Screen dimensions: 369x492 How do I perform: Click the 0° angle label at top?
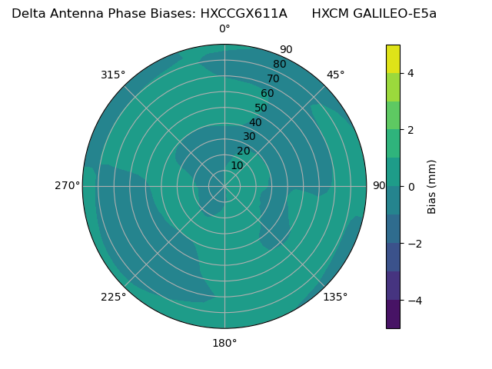pyautogui.click(x=224, y=29)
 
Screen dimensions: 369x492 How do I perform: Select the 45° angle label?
pyautogui.click(x=335, y=75)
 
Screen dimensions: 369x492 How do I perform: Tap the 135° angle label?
pyautogui.click(x=335, y=297)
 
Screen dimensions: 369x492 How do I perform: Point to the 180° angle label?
pyautogui.click(x=224, y=343)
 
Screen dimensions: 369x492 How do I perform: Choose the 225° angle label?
pyautogui.click(x=113, y=297)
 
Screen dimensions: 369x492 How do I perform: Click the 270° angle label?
pyautogui.click(x=67, y=185)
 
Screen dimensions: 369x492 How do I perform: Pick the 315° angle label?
pyautogui.click(x=113, y=75)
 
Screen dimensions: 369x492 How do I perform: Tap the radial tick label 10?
pyautogui.click(x=237, y=165)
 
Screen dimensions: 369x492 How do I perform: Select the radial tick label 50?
pyautogui.click(x=261, y=108)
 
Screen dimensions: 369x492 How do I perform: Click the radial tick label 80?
pyautogui.click(x=280, y=65)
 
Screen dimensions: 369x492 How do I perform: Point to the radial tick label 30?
pyautogui.click(x=249, y=137)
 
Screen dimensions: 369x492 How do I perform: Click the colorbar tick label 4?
pyautogui.click(x=411, y=73)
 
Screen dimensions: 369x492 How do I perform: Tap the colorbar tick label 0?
pyautogui.click(x=411, y=186)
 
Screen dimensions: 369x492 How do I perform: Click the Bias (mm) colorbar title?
pyautogui.click(x=432, y=186)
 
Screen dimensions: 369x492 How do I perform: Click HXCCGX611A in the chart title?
pyautogui.click(x=244, y=13)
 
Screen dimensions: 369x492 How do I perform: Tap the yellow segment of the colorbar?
pyautogui.click(x=393, y=58)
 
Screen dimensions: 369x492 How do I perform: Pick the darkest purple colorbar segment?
pyautogui.click(x=393, y=314)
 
